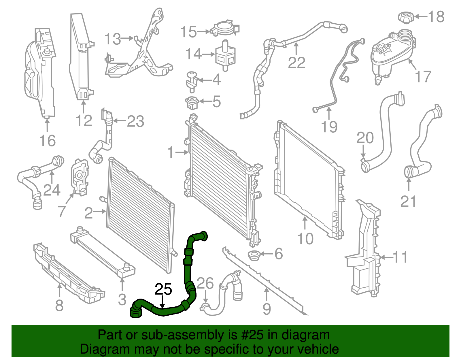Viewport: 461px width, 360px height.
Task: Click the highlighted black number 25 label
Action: click(x=163, y=289)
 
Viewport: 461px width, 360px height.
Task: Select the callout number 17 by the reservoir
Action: click(x=423, y=77)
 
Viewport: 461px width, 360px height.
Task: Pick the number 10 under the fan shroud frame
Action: click(x=305, y=239)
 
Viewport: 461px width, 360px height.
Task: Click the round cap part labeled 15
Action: click(x=225, y=28)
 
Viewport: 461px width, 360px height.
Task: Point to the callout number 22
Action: click(x=296, y=63)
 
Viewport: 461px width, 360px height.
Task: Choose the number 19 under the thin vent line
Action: click(x=329, y=127)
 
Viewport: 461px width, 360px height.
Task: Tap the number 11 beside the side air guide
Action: click(x=400, y=257)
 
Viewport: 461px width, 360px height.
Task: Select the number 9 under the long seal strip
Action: click(x=267, y=309)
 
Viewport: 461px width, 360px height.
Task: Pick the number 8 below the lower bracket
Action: click(x=59, y=305)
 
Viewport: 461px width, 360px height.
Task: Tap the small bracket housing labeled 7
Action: click(x=80, y=177)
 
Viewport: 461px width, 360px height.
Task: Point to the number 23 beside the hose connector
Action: click(x=135, y=121)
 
